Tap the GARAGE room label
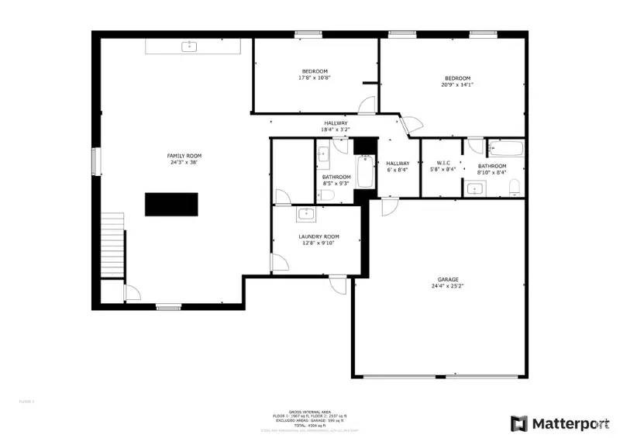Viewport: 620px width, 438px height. pyautogui.click(x=448, y=279)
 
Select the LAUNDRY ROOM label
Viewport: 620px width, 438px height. pyautogui.click(x=319, y=236)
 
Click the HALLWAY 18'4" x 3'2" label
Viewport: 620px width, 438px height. pyautogui.click(x=336, y=123)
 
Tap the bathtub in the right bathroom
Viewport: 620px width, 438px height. pyautogui.click(x=506, y=149)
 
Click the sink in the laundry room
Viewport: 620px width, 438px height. pyautogui.click(x=305, y=212)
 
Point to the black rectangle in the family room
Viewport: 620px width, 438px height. pyautogui.click(x=171, y=204)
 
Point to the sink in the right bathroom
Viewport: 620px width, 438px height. pyautogui.click(x=475, y=188)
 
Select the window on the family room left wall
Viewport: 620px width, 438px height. pyautogui.click(x=96, y=162)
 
